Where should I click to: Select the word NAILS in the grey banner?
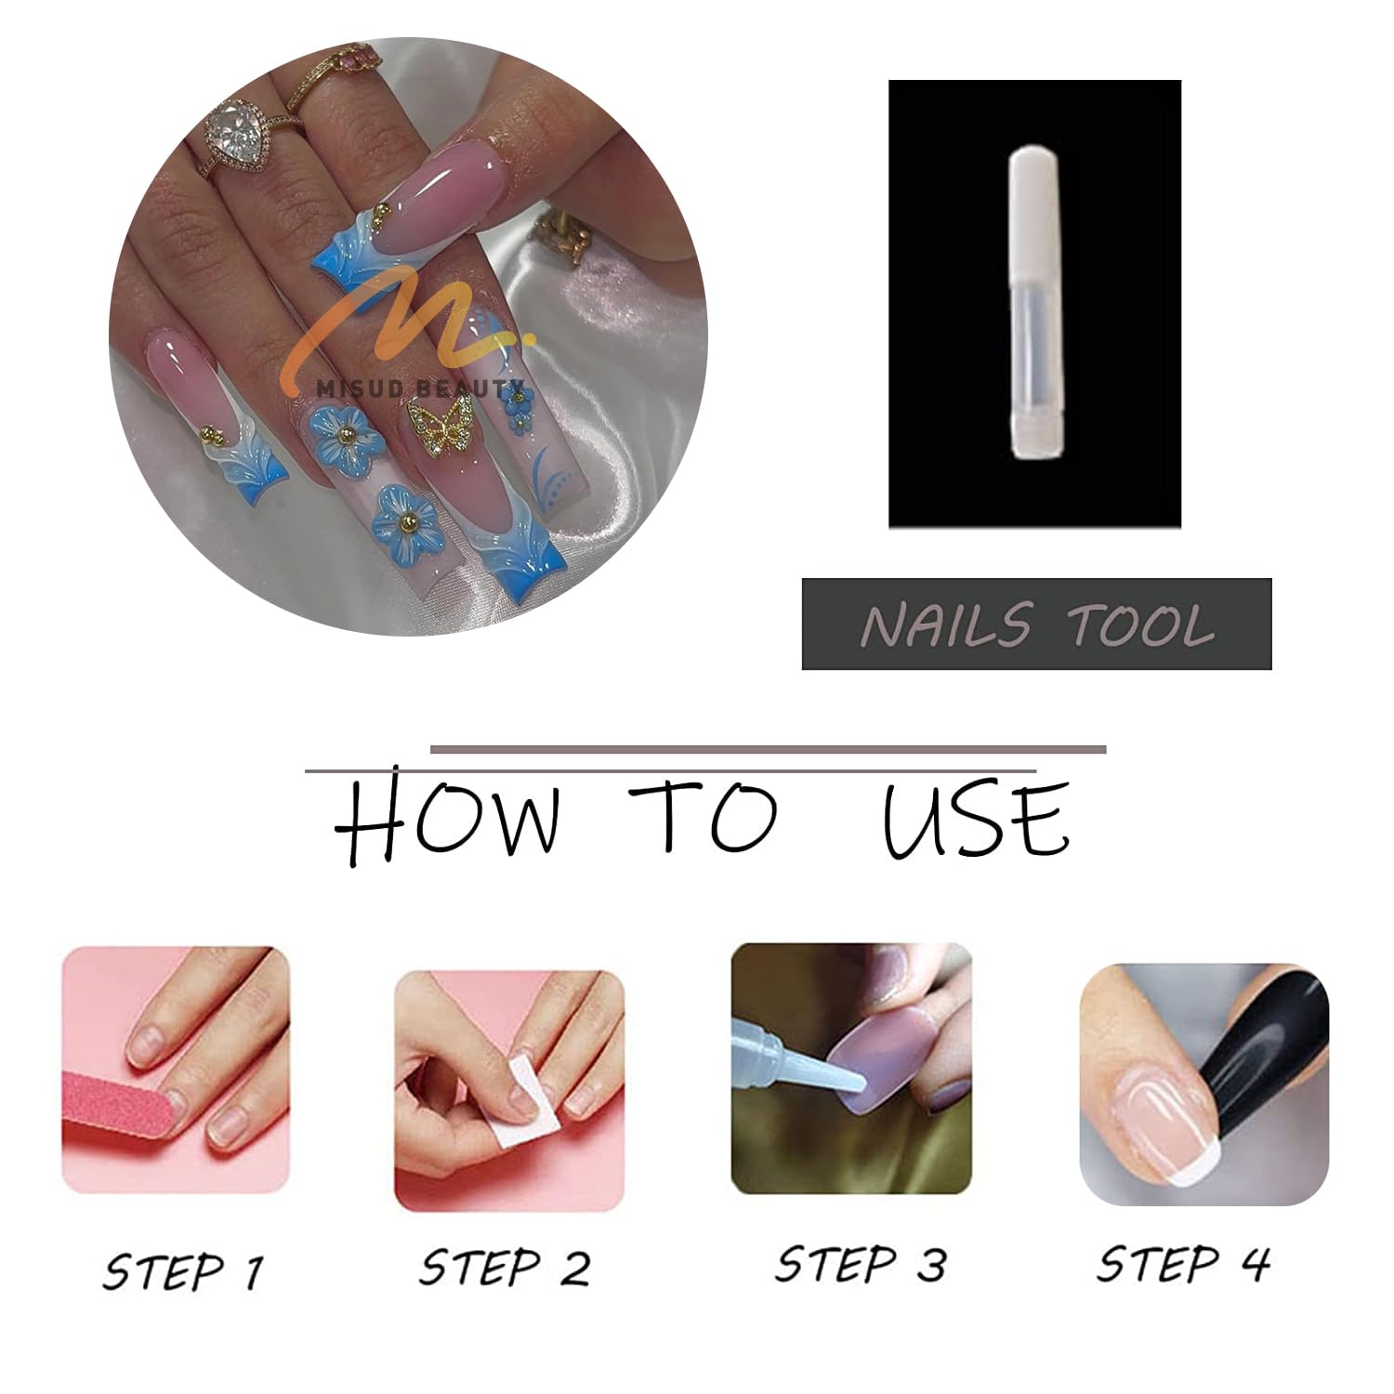tap(946, 624)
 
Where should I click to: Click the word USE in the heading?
tap(975, 818)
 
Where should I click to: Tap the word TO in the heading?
tap(701, 816)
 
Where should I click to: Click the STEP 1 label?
tap(183, 1269)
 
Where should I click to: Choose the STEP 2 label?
tap(504, 1267)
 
